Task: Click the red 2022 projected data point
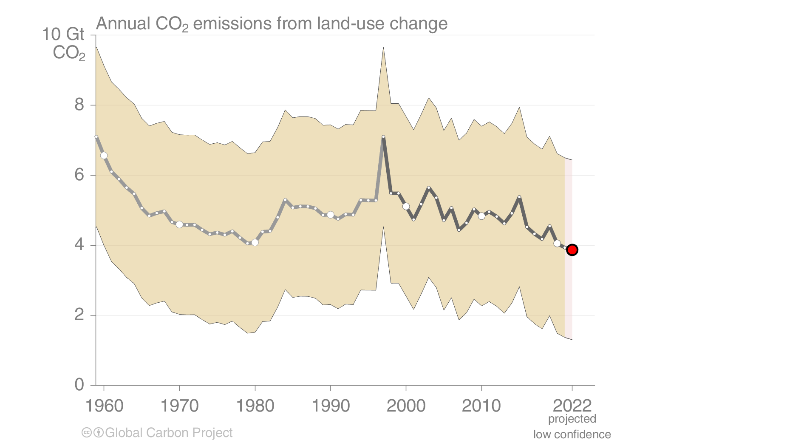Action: point(572,250)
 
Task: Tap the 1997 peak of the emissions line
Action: point(383,137)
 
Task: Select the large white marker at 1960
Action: point(104,156)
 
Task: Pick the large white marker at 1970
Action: point(179,224)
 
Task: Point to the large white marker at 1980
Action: point(255,242)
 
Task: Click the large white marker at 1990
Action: point(331,215)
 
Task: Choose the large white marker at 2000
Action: point(406,206)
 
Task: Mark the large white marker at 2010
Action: point(481,216)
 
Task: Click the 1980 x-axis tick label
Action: point(255,406)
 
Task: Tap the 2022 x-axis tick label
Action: point(572,406)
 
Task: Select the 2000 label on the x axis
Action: point(406,406)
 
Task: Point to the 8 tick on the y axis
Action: point(79,105)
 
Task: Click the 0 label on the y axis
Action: point(79,385)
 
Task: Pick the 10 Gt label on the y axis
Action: point(63,34)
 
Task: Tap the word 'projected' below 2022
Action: point(572,419)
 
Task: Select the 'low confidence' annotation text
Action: point(572,434)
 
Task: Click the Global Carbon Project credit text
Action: point(169,433)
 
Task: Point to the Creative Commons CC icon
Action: point(86,433)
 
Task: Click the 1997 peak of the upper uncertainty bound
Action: point(383,47)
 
